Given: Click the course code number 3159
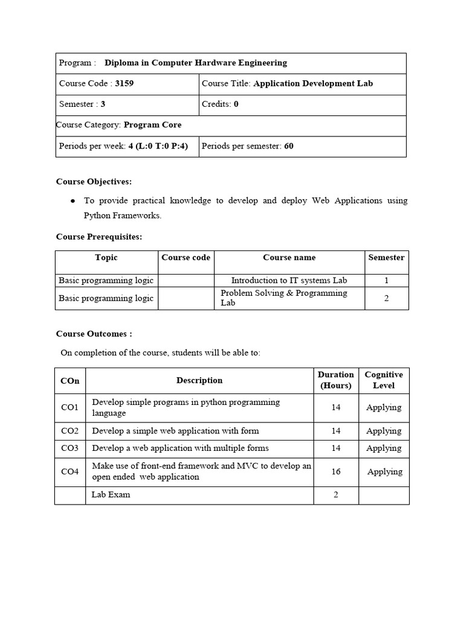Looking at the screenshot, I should coord(124,83).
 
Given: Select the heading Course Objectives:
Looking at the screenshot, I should coord(94,181).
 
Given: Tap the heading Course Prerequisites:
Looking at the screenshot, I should coord(99,237).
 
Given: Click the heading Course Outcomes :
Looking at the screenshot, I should coord(94,334).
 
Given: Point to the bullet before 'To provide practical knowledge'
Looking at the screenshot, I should coord(73,200).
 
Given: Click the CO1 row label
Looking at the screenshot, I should coord(70,407).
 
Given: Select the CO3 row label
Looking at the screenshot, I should coord(70,448).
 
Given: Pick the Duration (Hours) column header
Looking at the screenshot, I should coord(335,380).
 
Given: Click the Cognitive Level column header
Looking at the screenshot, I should coord(384,380).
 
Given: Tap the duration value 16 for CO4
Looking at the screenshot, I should coord(335,471).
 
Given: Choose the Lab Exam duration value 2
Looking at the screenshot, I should coord(335,494).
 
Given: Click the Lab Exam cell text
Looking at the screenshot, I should coord(111,494).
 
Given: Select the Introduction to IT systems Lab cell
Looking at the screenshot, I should coord(289,280).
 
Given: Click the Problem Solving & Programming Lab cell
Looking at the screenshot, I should coord(284,298).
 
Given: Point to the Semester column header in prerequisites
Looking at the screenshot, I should coord(386,257).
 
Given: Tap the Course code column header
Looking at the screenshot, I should coord(186,257).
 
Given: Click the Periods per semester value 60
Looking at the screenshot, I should coord(288,146).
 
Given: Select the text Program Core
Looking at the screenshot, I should coord(152,125).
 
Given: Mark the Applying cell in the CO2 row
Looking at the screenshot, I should coord(384,431).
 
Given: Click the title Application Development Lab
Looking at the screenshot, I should coord(313,83).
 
